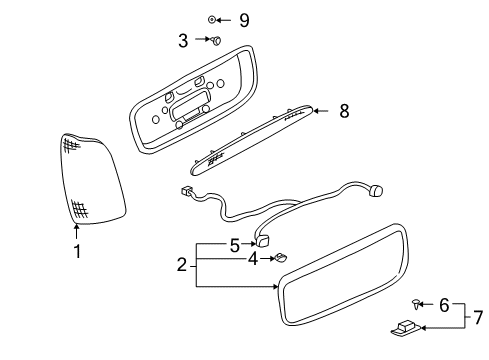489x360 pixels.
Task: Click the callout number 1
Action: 76,251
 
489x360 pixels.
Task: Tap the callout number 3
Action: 183,41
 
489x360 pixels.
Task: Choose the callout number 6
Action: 445,306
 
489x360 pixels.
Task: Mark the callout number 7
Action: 477,317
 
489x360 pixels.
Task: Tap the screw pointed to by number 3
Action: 214,41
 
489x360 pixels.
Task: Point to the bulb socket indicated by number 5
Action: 265,240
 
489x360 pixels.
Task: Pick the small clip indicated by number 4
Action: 282,259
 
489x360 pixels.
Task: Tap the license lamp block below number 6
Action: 404,327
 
